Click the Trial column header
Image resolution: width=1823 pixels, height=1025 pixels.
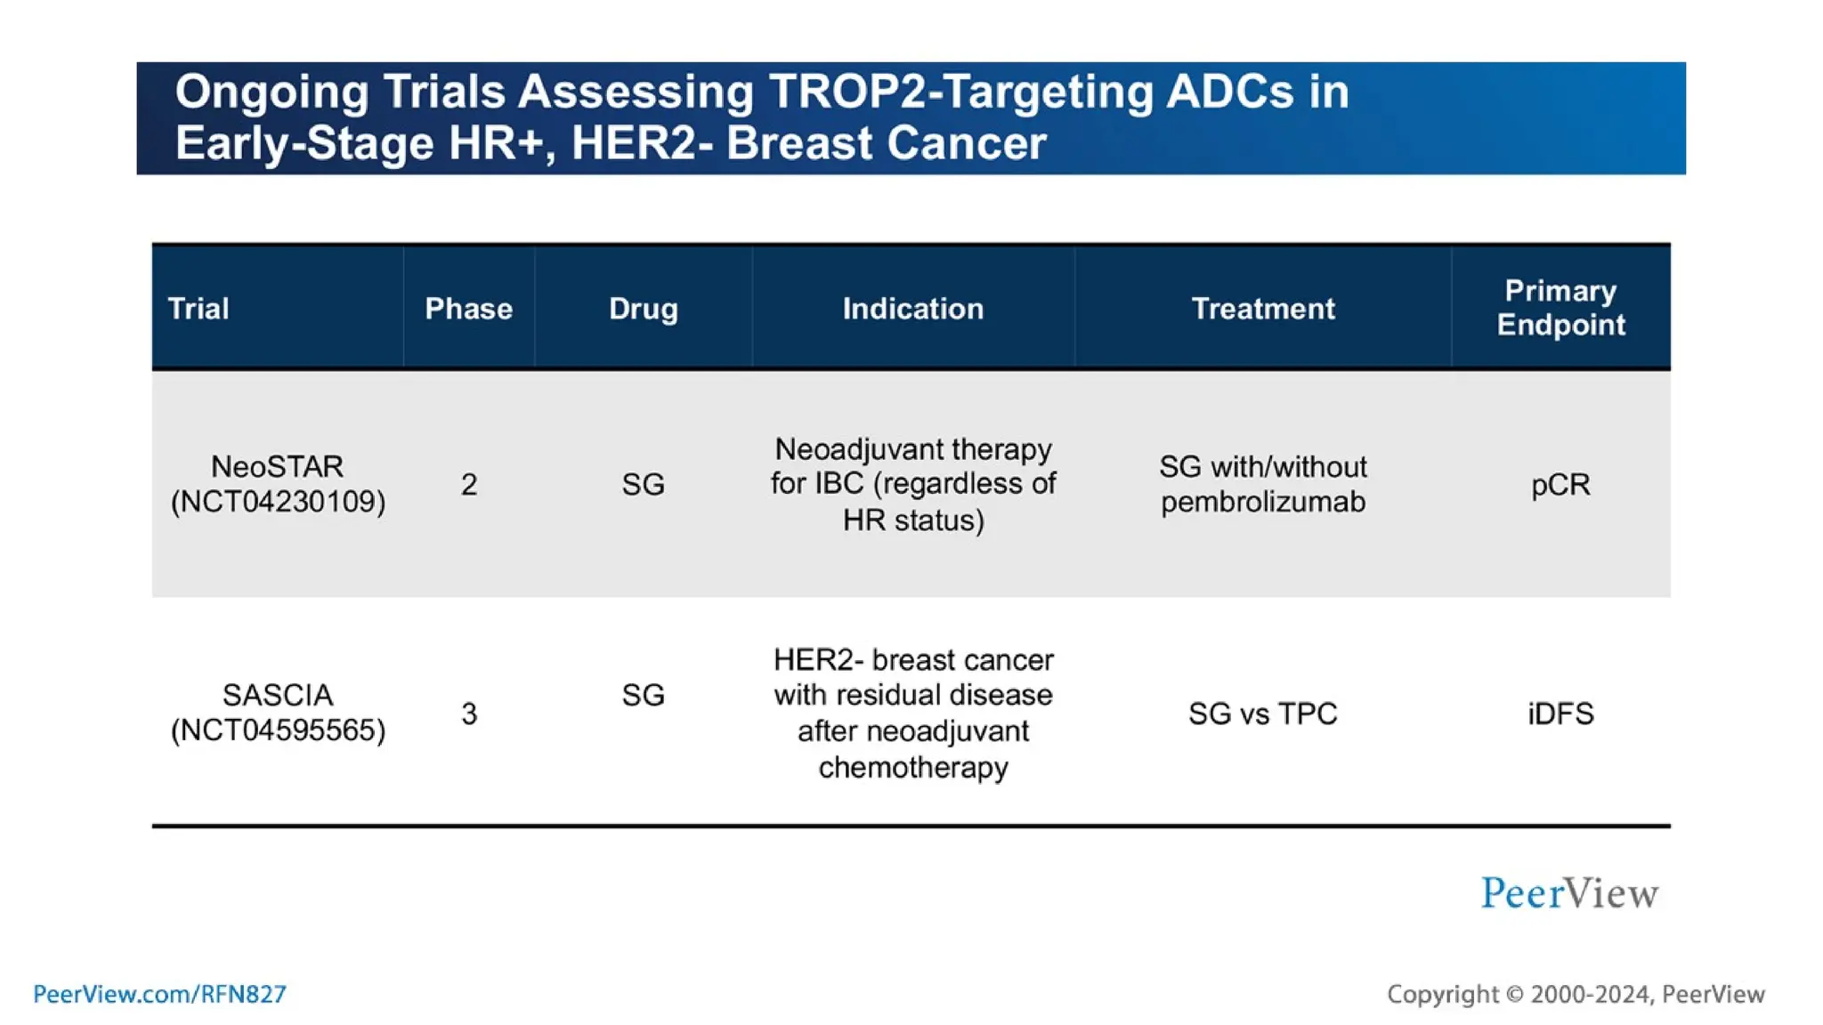click(199, 309)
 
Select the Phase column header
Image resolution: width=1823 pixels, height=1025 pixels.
click(468, 309)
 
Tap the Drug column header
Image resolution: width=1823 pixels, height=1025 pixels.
click(643, 309)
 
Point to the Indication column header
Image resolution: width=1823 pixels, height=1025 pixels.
click(912, 309)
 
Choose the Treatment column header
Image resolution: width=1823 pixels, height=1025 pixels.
click(1262, 309)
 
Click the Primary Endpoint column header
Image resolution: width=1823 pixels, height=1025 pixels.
click(1560, 308)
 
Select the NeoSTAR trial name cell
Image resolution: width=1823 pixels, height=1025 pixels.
click(277, 484)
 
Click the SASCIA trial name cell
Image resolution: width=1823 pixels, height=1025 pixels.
click(277, 712)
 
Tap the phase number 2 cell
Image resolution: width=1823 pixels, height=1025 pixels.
click(469, 485)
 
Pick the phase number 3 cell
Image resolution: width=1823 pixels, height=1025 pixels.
click(469, 714)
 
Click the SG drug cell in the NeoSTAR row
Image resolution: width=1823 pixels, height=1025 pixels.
click(643, 485)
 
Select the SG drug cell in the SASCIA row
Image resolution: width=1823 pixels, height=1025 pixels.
click(643, 695)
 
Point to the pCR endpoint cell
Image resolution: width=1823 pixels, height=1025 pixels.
click(1560, 485)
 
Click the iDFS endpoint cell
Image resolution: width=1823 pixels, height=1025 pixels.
click(1560, 714)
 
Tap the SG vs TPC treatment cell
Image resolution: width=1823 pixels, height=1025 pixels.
click(1262, 714)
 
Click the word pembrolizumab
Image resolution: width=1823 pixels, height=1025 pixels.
click(1262, 502)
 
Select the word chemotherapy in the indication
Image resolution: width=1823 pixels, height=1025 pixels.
click(912, 767)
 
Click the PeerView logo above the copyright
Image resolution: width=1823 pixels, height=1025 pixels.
click(1569, 893)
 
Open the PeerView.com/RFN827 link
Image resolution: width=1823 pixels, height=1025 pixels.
click(159, 994)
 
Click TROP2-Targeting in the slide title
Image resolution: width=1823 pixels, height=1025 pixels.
click(960, 92)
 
